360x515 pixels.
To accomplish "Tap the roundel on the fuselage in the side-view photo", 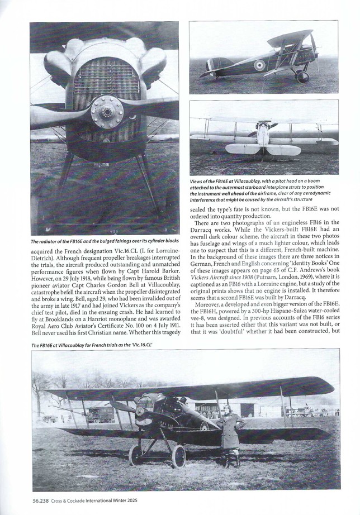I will pyautogui.click(x=259, y=65).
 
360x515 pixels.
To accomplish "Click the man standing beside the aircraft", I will pyautogui.click(x=230, y=435).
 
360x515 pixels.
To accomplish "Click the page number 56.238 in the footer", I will pyautogui.click(x=40, y=500).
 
